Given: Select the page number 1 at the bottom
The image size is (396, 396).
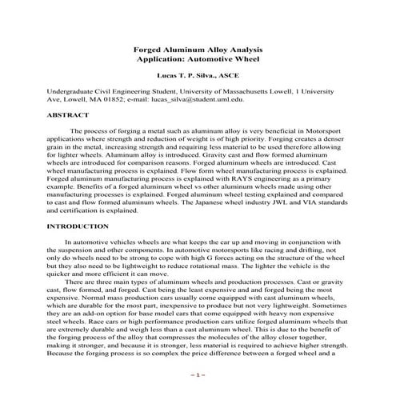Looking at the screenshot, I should pyautogui.click(x=198, y=374).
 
